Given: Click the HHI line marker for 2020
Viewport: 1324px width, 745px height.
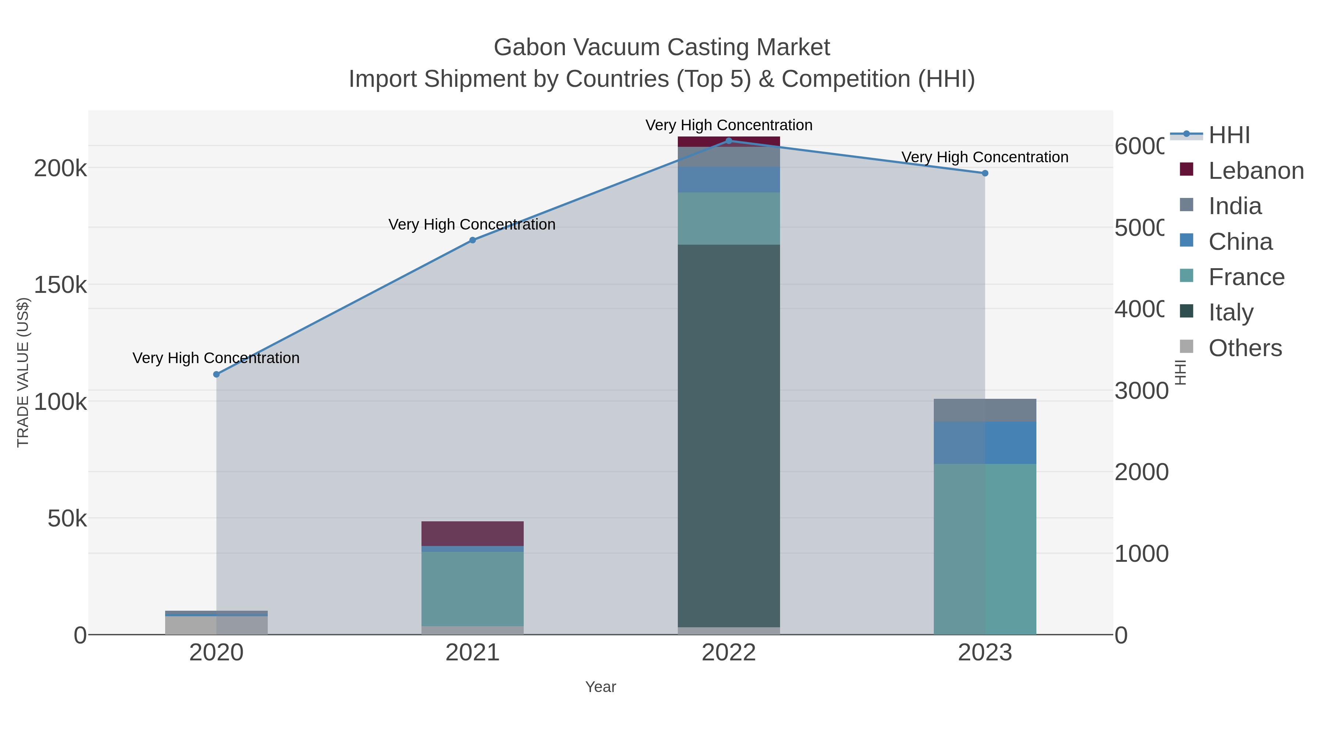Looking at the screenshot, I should (216, 374).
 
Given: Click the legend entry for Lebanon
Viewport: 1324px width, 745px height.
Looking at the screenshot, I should (1256, 171).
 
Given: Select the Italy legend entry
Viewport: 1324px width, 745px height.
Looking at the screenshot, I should (1231, 312).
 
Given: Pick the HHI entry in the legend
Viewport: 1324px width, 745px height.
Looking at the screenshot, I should (1228, 135).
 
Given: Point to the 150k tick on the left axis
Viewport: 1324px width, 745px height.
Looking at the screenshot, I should (61, 285).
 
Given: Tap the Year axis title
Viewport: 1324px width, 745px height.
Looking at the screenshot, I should (600, 687).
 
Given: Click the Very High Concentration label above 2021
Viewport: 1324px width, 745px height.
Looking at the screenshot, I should (472, 225).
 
